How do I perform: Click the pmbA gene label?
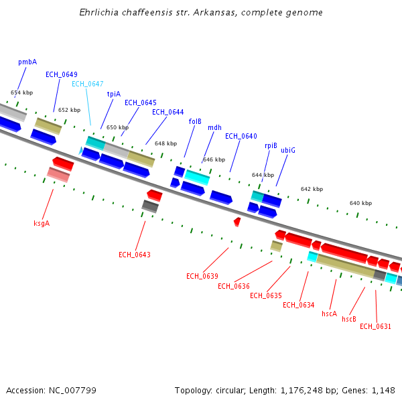point(27,62)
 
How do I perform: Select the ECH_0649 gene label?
point(62,74)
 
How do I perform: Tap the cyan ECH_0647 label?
point(88,84)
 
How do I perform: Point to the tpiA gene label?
point(114,94)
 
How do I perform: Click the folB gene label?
point(195,121)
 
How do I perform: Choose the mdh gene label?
point(214,127)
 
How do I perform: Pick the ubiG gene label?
point(288,150)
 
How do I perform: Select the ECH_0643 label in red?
point(135,255)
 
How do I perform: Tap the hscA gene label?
point(329,314)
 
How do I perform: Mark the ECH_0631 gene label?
point(375,327)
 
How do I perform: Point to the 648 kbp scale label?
point(165,143)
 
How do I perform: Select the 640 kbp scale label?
point(360,203)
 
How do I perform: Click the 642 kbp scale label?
point(312,190)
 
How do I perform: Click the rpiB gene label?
point(271,145)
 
